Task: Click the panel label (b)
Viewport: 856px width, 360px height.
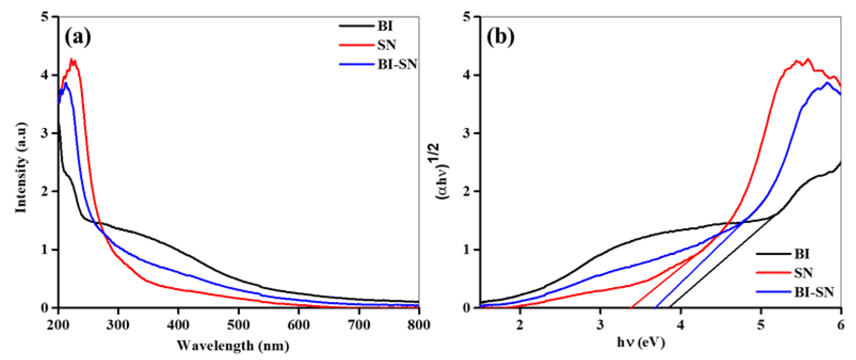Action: pos(500,37)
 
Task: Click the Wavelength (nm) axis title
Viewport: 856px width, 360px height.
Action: pos(233,346)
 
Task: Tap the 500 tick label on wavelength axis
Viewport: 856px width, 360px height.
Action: pos(238,325)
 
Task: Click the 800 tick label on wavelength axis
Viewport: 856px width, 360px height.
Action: pos(418,325)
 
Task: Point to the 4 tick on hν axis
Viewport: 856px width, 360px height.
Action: pos(681,325)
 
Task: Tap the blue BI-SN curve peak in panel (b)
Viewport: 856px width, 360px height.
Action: pos(827,82)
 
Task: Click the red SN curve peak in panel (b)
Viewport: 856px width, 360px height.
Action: pos(808,59)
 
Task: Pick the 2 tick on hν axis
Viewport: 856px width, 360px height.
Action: pos(520,325)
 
